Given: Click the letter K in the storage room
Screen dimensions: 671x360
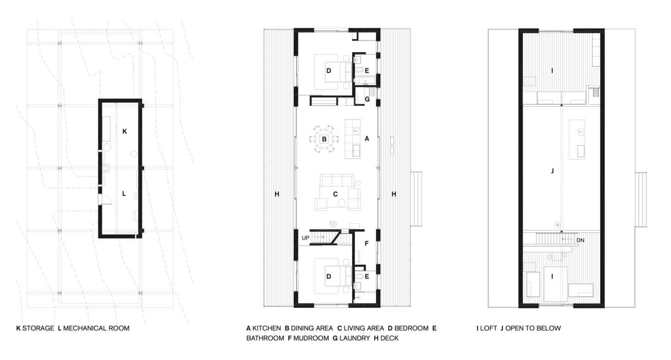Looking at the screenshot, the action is click(x=124, y=131).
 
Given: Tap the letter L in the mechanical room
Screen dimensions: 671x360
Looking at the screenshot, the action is click(x=124, y=194).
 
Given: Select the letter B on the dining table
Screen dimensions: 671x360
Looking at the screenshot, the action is click(x=324, y=139).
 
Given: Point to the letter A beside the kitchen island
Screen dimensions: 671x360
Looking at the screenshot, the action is click(x=367, y=139).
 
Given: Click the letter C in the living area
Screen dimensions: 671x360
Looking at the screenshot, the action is click(x=335, y=194).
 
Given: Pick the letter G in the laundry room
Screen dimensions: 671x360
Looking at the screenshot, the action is click(x=367, y=99).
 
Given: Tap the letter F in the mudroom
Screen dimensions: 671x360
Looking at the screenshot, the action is click(x=366, y=244).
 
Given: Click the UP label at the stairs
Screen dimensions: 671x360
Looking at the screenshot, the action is click(x=306, y=238).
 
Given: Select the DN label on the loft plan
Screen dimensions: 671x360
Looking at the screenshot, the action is click(x=580, y=240).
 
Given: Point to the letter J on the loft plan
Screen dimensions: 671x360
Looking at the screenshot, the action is click(x=552, y=171).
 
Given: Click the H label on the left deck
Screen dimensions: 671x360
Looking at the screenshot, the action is click(x=277, y=194).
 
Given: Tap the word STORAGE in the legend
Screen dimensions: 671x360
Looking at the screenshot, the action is click(x=38, y=328).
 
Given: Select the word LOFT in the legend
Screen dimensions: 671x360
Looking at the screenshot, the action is click(x=488, y=328).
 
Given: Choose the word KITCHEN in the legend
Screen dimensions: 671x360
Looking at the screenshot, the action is click(x=266, y=328).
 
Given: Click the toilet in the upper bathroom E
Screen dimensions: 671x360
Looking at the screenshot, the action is click(x=359, y=70).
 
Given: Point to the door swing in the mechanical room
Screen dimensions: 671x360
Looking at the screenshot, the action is click(x=107, y=199).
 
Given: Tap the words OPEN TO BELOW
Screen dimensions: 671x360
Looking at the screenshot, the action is click(x=533, y=328).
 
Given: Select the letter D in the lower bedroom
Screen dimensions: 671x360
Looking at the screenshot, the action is click(x=329, y=276).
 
